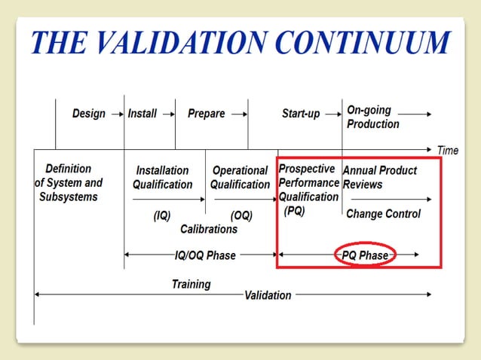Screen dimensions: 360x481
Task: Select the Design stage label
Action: (x=88, y=114)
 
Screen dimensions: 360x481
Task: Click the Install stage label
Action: (x=142, y=114)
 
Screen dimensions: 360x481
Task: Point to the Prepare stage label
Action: (x=206, y=114)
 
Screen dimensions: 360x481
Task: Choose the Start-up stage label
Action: (x=301, y=114)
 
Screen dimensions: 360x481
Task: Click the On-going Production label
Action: (x=372, y=117)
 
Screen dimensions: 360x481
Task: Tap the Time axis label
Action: (x=447, y=151)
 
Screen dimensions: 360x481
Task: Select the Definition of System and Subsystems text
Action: (x=68, y=182)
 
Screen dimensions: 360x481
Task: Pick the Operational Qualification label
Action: (x=240, y=178)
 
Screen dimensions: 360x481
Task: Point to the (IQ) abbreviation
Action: (x=161, y=215)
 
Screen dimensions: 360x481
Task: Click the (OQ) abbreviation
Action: (x=241, y=215)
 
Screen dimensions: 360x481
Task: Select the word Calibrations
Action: (x=209, y=229)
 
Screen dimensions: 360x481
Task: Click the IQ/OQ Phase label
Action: (x=205, y=255)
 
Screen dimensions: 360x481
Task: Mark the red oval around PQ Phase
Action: (x=365, y=255)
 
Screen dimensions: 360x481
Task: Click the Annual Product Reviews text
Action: (x=379, y=178)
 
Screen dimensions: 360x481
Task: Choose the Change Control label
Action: (x=383, y=214)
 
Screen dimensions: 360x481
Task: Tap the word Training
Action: (x=191, y=284)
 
